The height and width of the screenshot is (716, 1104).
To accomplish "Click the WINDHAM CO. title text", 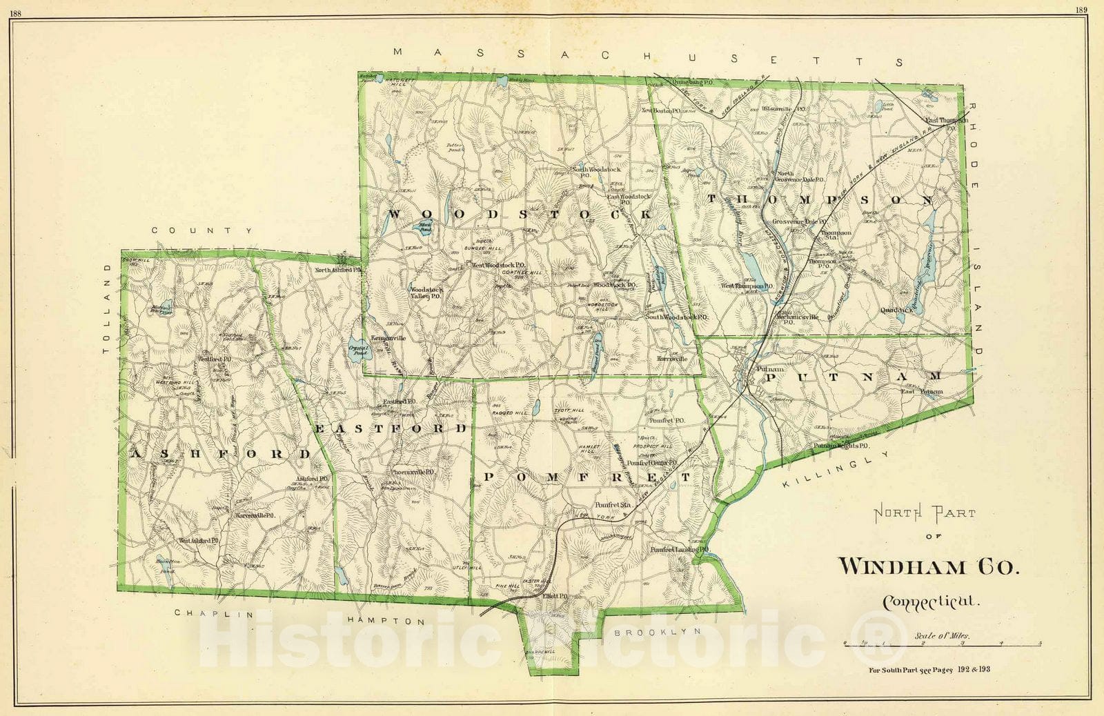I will tap(928, 566).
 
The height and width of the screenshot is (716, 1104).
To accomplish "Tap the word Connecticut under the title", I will tap(931, 601).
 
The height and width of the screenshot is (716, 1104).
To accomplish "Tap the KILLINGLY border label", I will tap(836, 470).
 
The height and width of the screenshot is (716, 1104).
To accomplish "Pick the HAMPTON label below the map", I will tap(386, 621).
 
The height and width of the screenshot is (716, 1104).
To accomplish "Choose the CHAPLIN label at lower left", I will tap(213, 613).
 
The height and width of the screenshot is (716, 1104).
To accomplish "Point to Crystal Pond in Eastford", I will tap(359, 348).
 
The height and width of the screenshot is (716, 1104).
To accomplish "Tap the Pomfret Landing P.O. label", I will tap(679, 550).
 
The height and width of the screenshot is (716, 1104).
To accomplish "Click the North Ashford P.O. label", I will tap(338, 270).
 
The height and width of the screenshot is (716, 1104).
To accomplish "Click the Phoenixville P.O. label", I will tap(412, 473).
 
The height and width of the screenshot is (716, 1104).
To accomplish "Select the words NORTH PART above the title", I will tap(925, 514).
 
